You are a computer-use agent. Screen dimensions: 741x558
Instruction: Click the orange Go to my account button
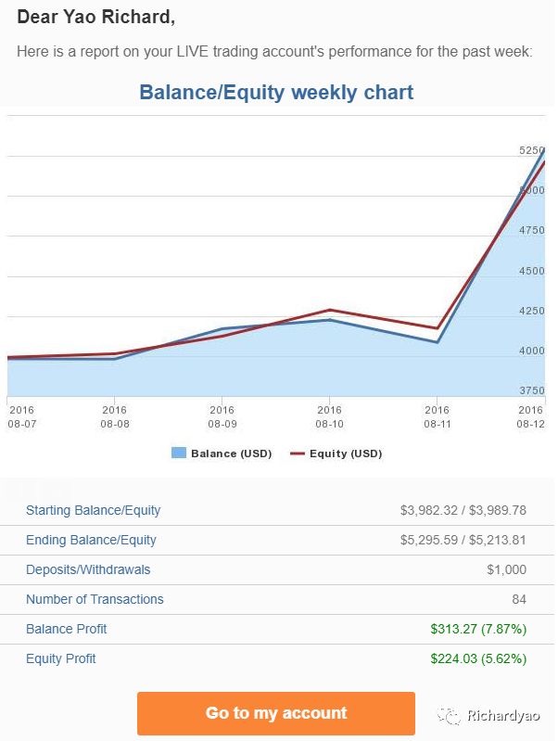[x=276, y=713]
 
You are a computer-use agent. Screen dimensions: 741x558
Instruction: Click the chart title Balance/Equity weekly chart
[x=276, y=93]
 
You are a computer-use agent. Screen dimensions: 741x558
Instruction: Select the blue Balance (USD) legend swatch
[x=179, y=454]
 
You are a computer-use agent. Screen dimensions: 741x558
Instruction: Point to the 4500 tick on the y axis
[x=532, y=271]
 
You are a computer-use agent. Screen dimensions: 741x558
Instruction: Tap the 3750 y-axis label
[x=532, y=390]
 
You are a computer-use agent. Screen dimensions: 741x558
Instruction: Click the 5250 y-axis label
[x=532, y=150]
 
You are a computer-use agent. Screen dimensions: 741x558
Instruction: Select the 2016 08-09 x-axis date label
[x=222, y=415]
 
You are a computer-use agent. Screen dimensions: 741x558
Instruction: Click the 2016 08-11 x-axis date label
[x=437, y=415]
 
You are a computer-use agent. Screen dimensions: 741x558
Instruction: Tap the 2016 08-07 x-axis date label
[x=20, y=415]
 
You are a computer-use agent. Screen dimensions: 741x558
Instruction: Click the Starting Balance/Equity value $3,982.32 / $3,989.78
[x=463, y=510]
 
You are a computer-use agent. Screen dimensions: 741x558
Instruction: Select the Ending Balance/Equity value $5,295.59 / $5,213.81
[x=463, y=540]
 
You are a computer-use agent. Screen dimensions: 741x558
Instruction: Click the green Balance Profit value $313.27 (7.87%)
[x=478, y=629]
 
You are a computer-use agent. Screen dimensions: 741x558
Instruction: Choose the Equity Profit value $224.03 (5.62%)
[x=478, y=658]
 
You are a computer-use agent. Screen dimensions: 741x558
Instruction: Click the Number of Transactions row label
[x=95, y=599]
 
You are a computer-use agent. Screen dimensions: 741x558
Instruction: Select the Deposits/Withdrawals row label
[x=88, y=569]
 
